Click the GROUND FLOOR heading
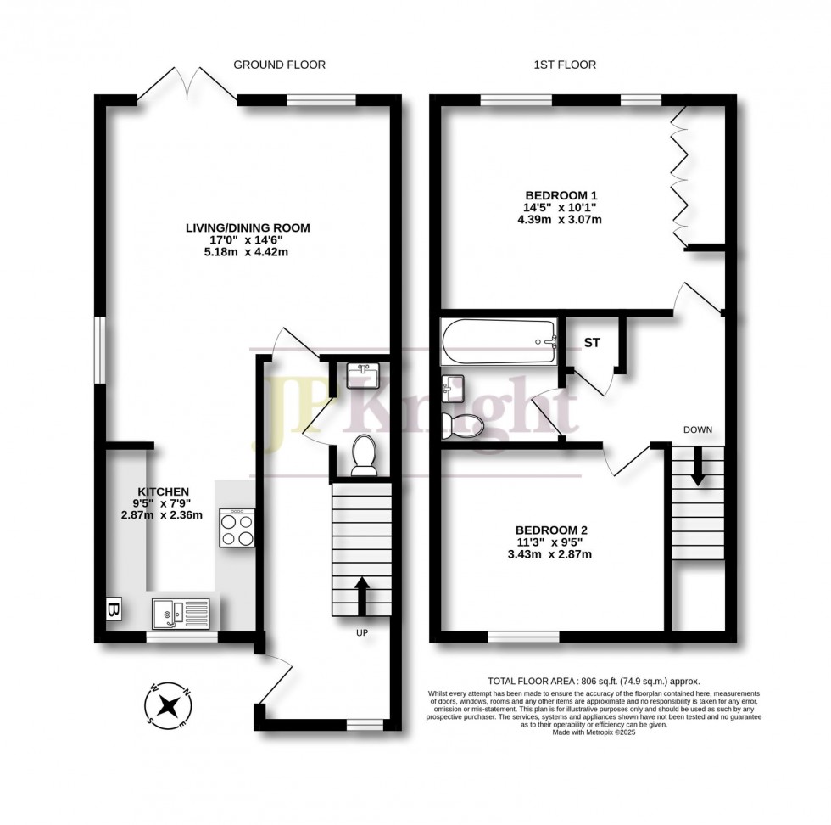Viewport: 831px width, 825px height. tap(279, 65)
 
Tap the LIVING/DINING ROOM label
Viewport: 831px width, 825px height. tap(248, 227)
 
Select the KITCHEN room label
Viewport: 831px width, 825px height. tap(163, 491)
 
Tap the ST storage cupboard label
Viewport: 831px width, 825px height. tap(591, 343)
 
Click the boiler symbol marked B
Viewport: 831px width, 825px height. tap(111, 609)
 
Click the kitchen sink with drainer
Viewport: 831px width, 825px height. tap(181, 611)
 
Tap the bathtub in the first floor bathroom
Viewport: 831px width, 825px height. tap(499, 341)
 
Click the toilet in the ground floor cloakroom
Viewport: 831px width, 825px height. tap(365, 454)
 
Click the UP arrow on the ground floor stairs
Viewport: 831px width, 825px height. tap(361, 596)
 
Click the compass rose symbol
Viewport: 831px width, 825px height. tap(170, 704)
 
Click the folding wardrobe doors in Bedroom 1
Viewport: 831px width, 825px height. tap(678, 179)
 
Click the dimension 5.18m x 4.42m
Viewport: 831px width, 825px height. tap(248, 252)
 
